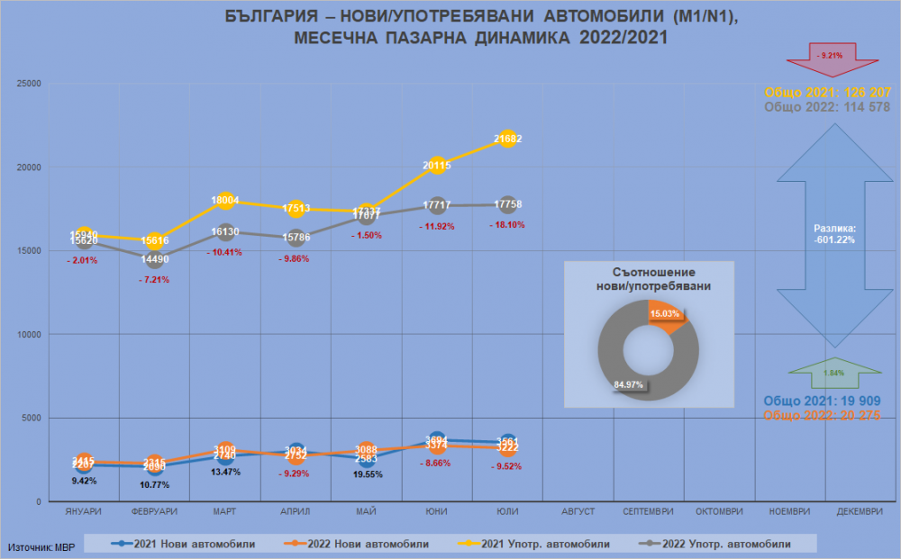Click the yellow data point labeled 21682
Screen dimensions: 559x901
[507, 139]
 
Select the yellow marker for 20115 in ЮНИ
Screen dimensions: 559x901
[437, 165]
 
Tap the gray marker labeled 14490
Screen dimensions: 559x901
[154, 259]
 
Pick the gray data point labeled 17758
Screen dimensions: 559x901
[507, 204]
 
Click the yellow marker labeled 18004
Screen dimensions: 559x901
[224, 201]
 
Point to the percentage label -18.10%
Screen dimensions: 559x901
[507, 225]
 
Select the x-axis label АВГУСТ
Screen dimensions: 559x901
[578, 512]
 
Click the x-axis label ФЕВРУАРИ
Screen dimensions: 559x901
[154, 512]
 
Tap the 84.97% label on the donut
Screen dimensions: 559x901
[628, 386]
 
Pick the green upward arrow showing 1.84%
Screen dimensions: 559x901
[833, 371]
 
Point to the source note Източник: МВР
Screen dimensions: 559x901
[42, 546]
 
